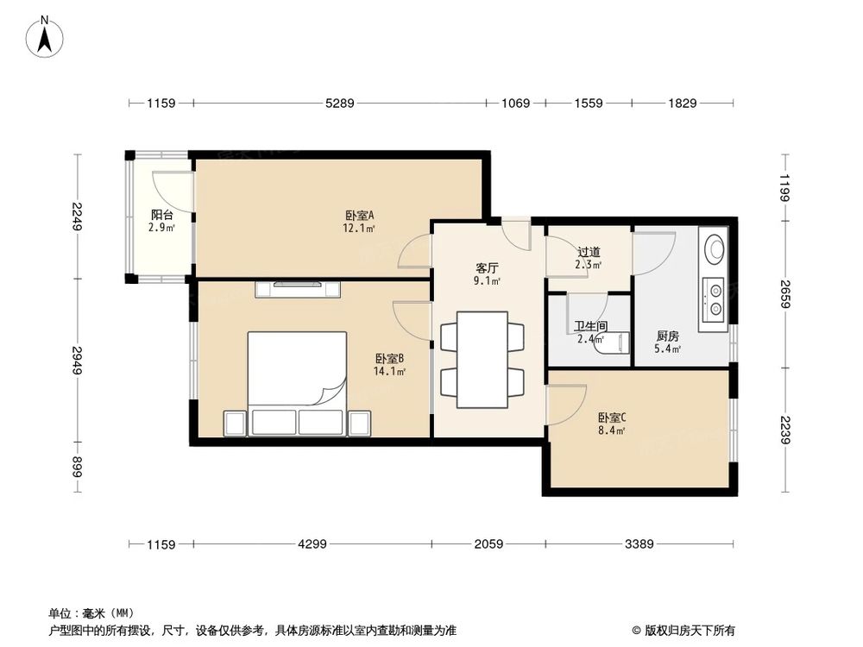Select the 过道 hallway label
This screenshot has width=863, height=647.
pos(589,253)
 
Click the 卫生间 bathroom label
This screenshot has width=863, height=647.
pos(591,327)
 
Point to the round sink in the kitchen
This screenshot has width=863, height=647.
pos(715,250)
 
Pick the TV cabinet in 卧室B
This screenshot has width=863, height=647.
pos(297,288)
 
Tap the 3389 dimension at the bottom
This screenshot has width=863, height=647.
pos(639,544)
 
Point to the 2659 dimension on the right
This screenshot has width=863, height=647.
pos(785,287)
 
